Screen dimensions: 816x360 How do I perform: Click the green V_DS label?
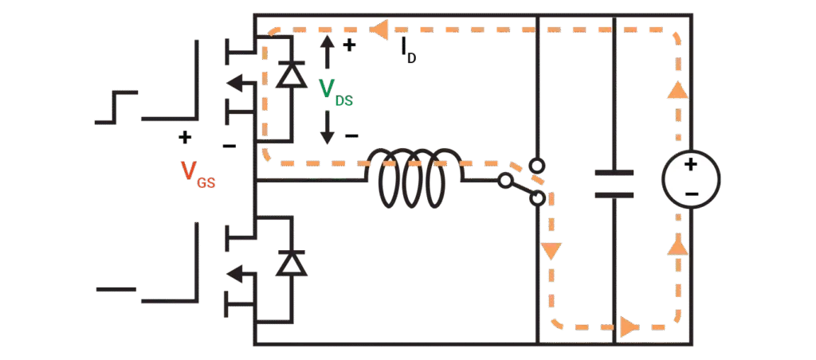click(x=336, y=92)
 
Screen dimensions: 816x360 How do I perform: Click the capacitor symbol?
click(x=614, y=184)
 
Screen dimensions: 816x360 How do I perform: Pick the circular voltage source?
click(x=691, y=179)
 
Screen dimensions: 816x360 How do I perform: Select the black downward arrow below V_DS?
click(x=327, y=127)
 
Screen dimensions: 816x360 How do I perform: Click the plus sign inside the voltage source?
click(x=690, y=166)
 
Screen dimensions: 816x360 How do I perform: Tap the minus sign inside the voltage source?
click(x=692, y=194)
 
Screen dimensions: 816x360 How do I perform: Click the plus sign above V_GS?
click(x=184, y=137)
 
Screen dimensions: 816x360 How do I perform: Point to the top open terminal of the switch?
click(x=536, y=166)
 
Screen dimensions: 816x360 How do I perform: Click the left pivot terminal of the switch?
click(x=504, y=181)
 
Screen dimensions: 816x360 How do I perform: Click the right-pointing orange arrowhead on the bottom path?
click(x=629, y=328)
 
